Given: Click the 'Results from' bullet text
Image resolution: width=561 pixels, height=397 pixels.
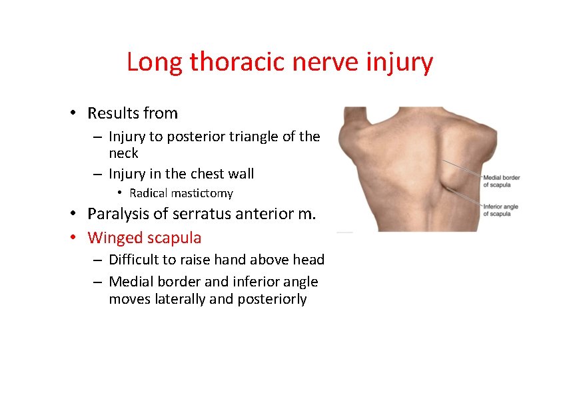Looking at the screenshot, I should coord(133,113).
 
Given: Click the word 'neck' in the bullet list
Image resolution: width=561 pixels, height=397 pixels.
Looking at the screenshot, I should coord(123,153).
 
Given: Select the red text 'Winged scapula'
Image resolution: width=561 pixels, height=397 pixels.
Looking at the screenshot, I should coord(145,237).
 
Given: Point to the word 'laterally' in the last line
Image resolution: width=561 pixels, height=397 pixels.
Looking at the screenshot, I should coord(180,299).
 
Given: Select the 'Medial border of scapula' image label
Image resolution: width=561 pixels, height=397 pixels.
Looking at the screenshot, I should coord(501,181).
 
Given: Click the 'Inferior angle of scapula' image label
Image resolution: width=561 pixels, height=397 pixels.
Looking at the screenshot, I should coord(500,210).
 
